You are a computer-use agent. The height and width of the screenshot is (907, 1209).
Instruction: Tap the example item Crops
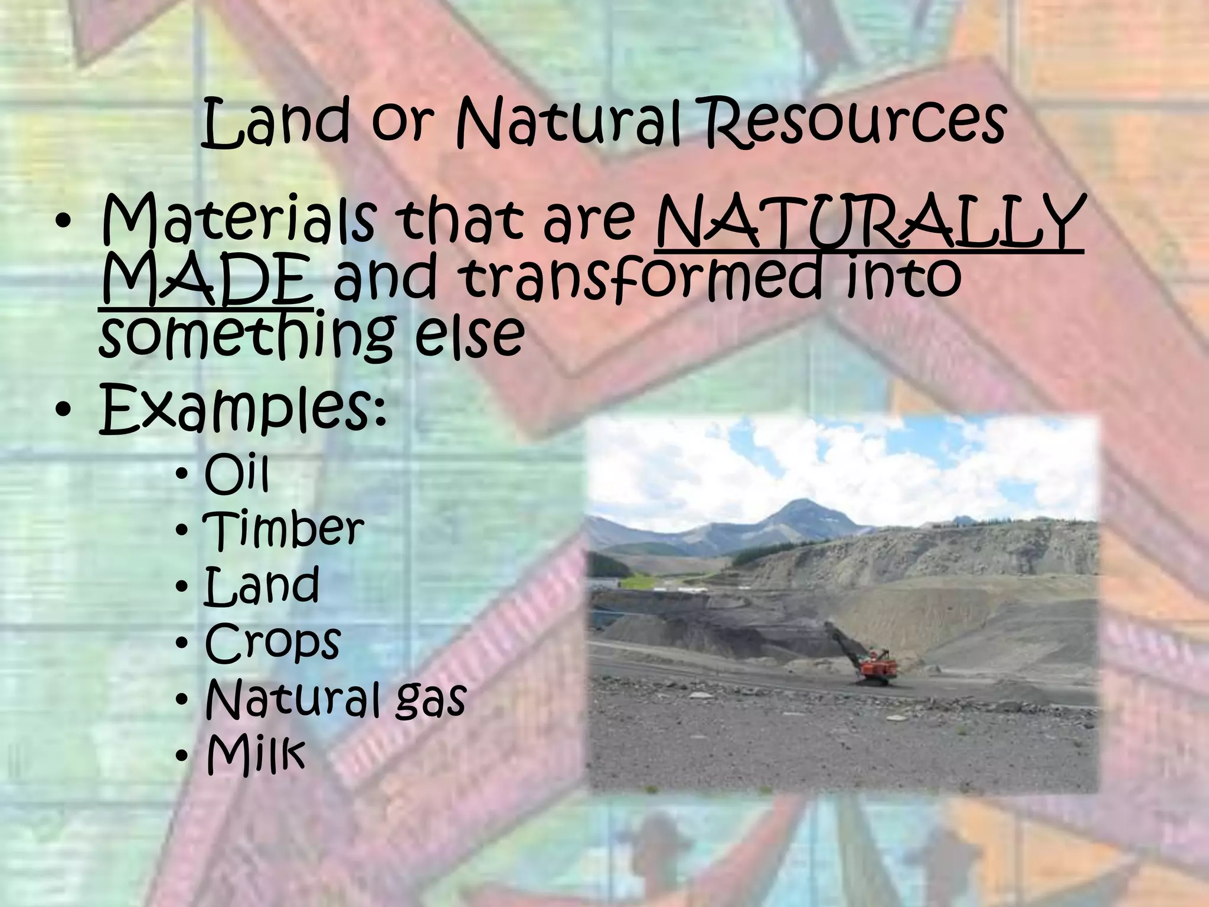click(273, 642)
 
